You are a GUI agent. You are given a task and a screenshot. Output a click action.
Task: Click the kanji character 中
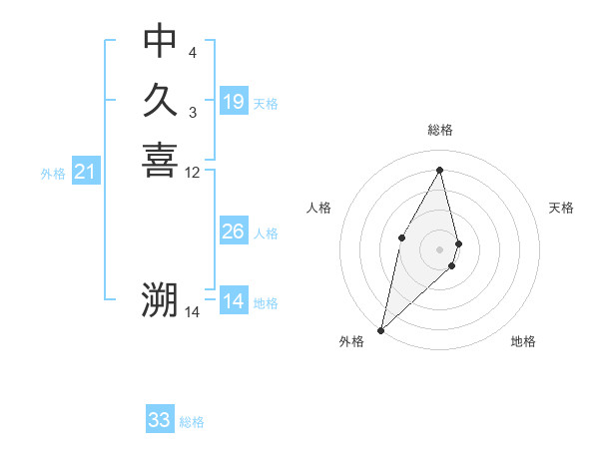(x=160, y=41)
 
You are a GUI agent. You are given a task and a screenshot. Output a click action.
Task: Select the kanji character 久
(x=160, y=100)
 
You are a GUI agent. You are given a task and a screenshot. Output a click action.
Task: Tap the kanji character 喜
(x=160, y=160)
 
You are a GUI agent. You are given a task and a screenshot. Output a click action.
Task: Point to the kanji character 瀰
(x=160, y=300)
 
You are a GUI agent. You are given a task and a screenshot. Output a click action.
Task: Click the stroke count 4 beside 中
(x=193, y=52)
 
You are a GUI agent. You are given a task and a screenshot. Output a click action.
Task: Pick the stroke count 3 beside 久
(x=193, y=112)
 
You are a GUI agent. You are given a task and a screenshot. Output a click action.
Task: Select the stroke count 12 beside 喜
(x=193, y=173)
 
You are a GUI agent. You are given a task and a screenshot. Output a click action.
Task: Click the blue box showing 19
(x=234, y=102)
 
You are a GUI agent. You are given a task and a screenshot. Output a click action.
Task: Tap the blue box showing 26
(x=234, y=233)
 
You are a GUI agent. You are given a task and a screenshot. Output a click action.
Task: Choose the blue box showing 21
(x=86, y=173)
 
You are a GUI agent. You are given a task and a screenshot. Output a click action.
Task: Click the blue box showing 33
(x=160, y=420)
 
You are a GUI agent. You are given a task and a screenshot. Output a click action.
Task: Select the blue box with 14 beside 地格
(x=234, y=302)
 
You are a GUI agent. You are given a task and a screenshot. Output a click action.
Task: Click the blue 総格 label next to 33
(x=192, y=422)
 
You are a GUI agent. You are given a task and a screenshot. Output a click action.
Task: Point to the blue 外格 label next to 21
(x=53, y=174)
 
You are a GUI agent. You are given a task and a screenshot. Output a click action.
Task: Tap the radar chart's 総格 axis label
(x=440, y=130)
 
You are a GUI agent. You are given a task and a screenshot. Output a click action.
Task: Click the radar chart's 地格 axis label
(x=523, y=341)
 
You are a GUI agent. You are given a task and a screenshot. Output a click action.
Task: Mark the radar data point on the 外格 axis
(x=381, y=329)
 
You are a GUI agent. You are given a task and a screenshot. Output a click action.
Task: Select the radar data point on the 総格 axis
(x=440, y=170)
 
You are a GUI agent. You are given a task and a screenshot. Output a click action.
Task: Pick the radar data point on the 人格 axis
(x=401, y=236)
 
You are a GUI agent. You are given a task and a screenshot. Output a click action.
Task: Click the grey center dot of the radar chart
(x=440, y=248)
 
